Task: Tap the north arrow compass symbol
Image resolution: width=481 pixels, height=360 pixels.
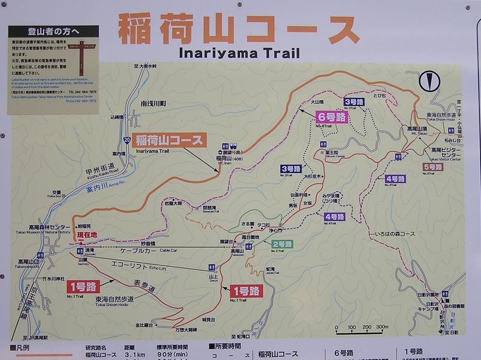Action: pos(427,80)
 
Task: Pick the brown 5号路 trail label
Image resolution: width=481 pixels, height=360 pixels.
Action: pos(433,166)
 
